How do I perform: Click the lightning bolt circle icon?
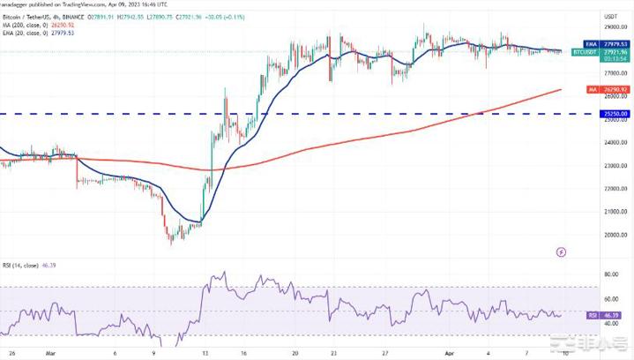tap(563, 251)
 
